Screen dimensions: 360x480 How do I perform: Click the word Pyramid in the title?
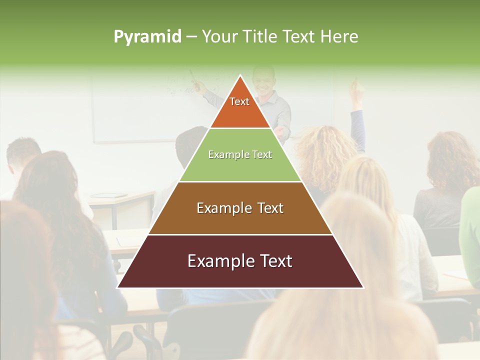coord(147,37)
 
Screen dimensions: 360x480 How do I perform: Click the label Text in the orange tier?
coord(239,101)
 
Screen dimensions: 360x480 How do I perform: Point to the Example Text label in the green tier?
coord(240,154)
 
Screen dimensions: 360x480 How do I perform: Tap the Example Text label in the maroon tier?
coord(240,261)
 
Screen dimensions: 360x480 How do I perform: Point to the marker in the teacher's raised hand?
coord(192,76)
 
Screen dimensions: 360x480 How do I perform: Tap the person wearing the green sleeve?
coord(470,235)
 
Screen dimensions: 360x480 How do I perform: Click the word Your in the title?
coord(219,36)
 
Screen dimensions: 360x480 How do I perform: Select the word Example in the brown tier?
coord(220,208)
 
